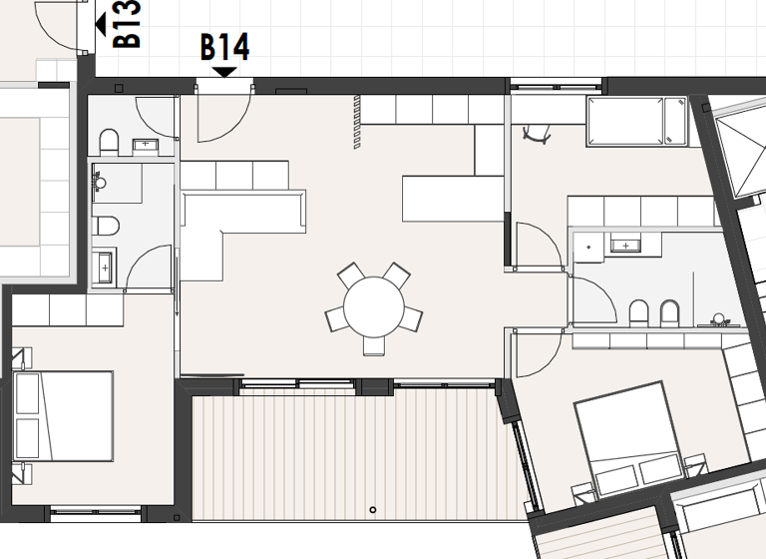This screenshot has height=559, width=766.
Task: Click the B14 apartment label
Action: pyautogui.click(x=224, y=46)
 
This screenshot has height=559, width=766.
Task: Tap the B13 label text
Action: pyautogui.click(x=128, y=24)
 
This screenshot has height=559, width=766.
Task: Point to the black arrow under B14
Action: pyautogui.click(x=224, y=71)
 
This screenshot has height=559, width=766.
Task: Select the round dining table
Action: pyautogui.click(x=374, y=303)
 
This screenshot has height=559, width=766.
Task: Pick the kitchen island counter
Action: pyautogui.click(x=453, y=198)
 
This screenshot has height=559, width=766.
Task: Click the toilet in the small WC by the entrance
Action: pyautogui.click(x=110, y=141)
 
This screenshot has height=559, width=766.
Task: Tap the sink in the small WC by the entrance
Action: pyautogui.click(x=148, y=145)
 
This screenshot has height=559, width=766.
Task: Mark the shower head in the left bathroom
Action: pyautogui.click(x=99, y=182)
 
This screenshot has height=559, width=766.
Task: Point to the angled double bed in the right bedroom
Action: pyautogui.click(x=630, y=440)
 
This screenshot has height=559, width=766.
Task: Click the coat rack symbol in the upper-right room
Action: pyautogui.click(x=537, y=132)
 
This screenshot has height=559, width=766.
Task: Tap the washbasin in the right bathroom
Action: pyautogui.click(x=625, y=245)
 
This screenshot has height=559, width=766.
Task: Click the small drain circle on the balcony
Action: pyautogui.click(x=373, y=510)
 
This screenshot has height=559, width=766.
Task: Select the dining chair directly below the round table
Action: pyautogui.click(x=374, y=344)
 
